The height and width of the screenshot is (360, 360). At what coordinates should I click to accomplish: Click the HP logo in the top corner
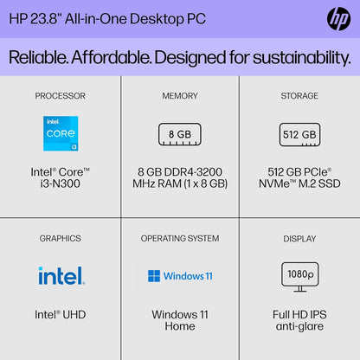337,18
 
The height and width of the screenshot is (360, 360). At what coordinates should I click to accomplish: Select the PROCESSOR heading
61,95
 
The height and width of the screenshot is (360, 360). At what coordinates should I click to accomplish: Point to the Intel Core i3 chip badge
61,132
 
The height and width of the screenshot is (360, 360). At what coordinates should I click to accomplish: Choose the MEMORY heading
179,95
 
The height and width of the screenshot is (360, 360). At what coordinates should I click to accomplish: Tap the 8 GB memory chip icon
179,134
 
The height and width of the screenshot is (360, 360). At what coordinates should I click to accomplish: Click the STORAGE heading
299,95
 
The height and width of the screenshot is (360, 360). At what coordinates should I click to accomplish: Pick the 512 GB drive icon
299,134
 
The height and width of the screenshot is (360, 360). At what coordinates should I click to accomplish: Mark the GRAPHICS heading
61,238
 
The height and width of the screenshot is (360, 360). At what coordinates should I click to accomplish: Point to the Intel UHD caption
61,314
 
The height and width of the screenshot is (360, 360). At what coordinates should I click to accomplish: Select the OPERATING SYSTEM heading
179,238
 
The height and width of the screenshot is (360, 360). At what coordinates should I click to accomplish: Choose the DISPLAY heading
299,238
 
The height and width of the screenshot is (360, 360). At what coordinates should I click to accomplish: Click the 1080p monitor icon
299,275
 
